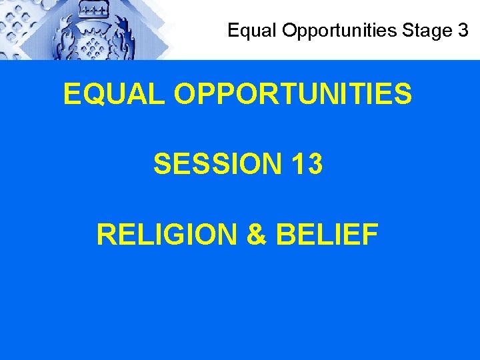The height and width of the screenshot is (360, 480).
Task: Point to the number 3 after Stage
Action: pos(463,31)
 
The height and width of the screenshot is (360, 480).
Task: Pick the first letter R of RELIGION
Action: pos(106,234)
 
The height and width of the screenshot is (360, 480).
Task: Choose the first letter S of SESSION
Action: pos(162,164)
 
